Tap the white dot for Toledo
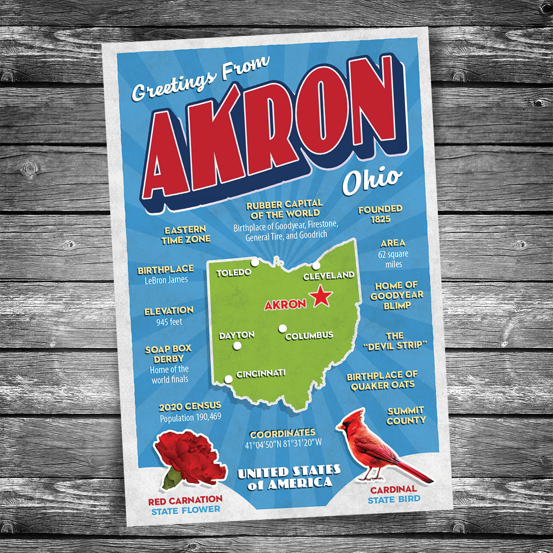tap(254, 262)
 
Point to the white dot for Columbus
tap(282, 328)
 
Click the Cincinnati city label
tap(261, 373)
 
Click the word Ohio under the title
tap(371, 181)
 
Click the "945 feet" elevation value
tap(169, 322)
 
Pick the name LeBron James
tap(166, 280)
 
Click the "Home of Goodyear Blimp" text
tap(396, 295)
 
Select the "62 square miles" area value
tap(394, 259)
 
